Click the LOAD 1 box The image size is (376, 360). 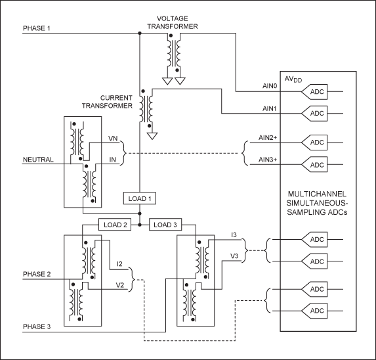[x=140, y=198]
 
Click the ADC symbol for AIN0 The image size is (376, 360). [x=316, y=92]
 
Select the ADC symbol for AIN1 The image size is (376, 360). [x=316, y=114]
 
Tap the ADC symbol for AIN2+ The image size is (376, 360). [x=316, y=143]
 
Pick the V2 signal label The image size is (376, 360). [x=119, y=286]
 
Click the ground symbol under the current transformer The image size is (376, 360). [x=152, y=137]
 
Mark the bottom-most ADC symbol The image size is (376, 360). [x=316, y=310]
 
